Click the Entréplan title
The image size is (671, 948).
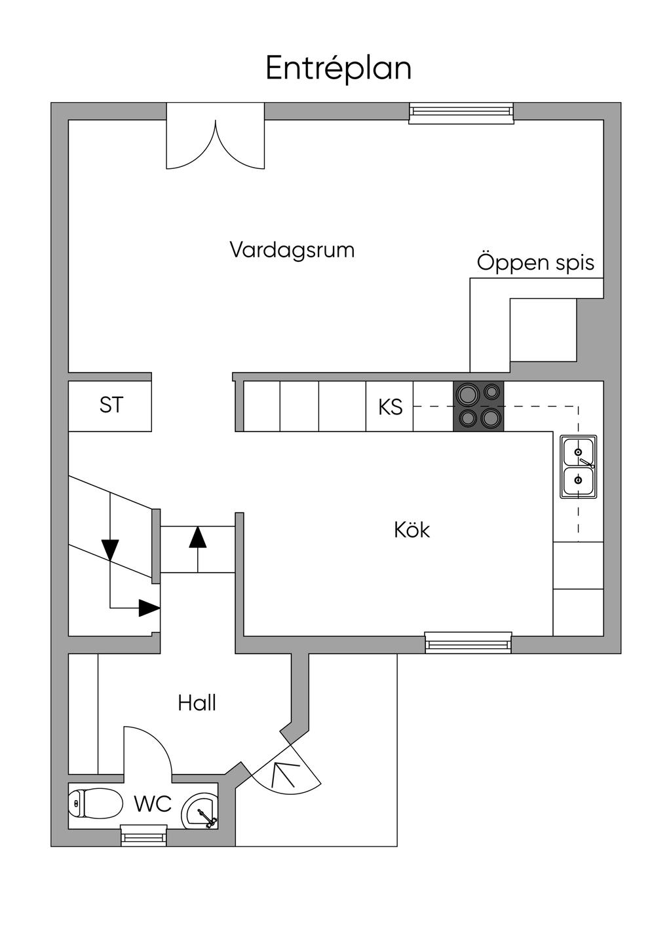pos(338,69)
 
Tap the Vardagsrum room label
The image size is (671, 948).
pos(292,250)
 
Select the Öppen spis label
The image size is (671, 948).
pos(535,263)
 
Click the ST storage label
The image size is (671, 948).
pos(111,405)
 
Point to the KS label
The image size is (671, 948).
pos(390,407)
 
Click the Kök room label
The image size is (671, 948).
pos(412,530)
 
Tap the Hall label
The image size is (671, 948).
pos(197,703)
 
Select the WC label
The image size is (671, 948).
pos(153,803)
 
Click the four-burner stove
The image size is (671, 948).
pos(478,406)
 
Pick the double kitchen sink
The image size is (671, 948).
pos(578,466)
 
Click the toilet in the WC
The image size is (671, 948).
pos(96,802)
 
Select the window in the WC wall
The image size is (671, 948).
pos(144,835)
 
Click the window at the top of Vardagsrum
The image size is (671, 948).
pos(461,113)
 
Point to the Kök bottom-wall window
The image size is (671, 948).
pos(468,642)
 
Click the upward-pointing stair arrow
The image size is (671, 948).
pos(197,537)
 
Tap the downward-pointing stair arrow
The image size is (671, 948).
pos(110,549)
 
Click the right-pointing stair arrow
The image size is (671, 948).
pos(149,608)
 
